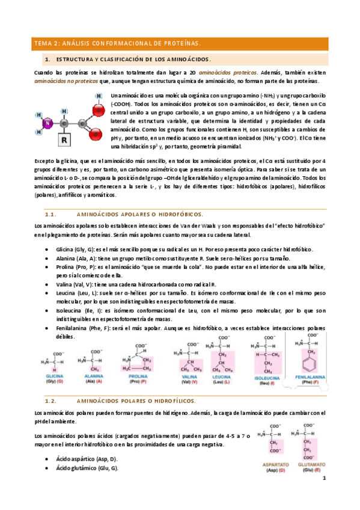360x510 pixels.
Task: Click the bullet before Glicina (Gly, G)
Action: pos(47,250)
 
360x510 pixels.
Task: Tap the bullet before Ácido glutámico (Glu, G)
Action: pos(47,467)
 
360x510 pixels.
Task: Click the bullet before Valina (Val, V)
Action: pos(47,284)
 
